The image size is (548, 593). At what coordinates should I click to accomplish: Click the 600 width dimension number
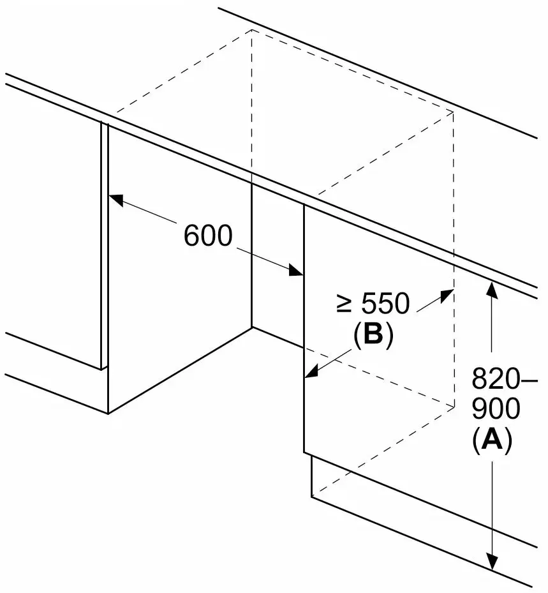click(x=208, y=236)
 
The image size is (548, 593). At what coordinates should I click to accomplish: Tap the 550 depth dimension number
click(x=385, y=303)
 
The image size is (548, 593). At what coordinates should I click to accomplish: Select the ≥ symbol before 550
click(x=344, y=304)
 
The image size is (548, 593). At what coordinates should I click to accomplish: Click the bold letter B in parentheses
click(x=373, y=334)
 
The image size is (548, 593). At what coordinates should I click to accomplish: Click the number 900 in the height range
click(x=496, y=409)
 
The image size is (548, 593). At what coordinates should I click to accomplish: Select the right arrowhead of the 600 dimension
click(x=295, y=270)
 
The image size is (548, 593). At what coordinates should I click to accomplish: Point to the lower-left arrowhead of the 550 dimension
click(x=311, y=372)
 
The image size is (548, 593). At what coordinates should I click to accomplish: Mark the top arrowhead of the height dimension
click(x=491, y=289)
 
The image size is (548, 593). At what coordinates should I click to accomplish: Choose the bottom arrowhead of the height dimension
click(x=491, y=561)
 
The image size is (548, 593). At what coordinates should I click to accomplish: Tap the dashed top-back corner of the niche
click(x=252, y=29)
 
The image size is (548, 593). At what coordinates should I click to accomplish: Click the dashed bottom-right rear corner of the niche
click(x=454, y=407)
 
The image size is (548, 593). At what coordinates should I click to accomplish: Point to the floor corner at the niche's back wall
click(x=252, y=327)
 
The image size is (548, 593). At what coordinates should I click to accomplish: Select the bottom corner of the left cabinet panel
click(x=108, y=414)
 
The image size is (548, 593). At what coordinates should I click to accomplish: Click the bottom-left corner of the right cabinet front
click(x=304, y=452)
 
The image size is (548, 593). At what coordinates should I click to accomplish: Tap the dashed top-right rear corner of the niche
click(x=454, y=112)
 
